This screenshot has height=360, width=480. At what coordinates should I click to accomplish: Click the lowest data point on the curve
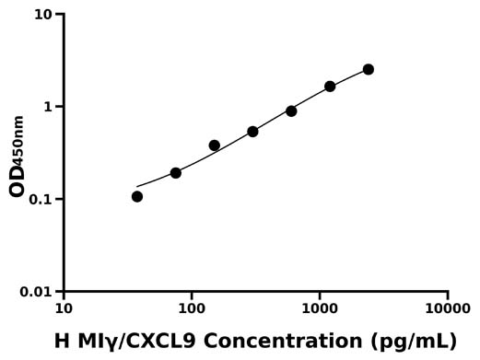(137, 196)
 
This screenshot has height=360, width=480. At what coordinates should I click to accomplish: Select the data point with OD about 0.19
(176, 173)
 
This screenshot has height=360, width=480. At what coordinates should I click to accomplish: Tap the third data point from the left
(215, 145)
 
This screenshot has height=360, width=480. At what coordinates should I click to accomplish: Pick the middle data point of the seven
(252, 132)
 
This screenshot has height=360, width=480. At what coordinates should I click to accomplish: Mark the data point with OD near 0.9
(291, 110)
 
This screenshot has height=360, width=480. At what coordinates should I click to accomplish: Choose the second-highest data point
(330, 87)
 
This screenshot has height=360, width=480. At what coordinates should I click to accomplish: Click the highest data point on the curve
(369, 69)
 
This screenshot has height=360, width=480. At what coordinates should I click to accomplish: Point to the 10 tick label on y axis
(43, 15)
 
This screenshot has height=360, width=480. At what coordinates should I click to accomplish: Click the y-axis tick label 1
(50, 107)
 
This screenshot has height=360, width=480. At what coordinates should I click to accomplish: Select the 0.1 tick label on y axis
(41, 200)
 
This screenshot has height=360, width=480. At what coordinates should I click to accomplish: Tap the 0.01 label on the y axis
(37, 292)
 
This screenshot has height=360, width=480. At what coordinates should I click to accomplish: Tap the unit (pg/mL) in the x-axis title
(411, 342)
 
